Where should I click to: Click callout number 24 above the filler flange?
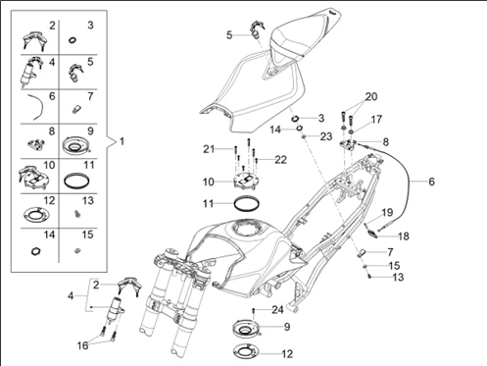tap(277, 309)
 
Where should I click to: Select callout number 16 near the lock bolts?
tap(82, 345)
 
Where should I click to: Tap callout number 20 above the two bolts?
tap(371, 97)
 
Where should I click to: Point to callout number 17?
tap(376, 120)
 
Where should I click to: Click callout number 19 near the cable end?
tap(387, 213)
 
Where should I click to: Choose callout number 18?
tap(404, 235)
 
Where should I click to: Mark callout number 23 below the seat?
tap(326, 136)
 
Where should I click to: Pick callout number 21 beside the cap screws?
tap(209, 149)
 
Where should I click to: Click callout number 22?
tap(280, 160)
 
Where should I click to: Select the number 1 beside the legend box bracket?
tap(122, 141)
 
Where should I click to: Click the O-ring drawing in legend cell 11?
tap(77, 181)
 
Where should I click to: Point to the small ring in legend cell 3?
tap(73, 40)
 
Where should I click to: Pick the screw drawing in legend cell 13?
tap(77, 214)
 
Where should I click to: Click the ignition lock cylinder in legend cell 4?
tap(30, 74)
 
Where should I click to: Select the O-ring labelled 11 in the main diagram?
tap(247, 204)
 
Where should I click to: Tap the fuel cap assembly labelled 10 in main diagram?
tap(246, 181)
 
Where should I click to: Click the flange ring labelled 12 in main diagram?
tap(246, 351)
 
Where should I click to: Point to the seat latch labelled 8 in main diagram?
tap(348, 144)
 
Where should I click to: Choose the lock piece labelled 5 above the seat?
tap(258, 29)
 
